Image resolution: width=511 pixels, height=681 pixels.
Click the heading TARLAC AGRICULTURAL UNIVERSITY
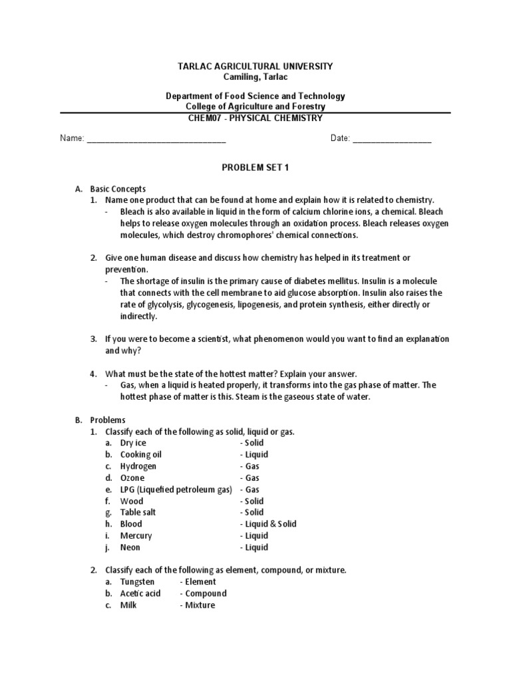pos(255,67)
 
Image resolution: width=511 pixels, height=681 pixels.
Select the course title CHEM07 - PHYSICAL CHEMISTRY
pos(255,118)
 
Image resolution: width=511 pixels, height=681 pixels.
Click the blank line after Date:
pos(392,140)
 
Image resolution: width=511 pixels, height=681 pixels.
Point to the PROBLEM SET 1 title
pos(255,168)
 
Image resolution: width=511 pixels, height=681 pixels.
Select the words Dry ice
pos(133,443)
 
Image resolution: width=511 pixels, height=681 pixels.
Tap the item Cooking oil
pos(140,455)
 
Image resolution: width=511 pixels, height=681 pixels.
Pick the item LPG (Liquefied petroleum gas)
pos(176,489)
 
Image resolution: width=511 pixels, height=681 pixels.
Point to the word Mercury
pos(136,536)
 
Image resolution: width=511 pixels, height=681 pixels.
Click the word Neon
pos(130,548)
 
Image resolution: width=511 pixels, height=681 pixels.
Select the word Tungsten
pos(137,582)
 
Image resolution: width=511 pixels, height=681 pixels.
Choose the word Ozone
pos(132,478)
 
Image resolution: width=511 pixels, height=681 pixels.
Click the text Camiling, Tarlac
pos(255,77)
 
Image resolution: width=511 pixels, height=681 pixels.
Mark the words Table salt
pos(138,513)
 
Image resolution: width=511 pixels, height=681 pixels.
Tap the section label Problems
pos(108,420)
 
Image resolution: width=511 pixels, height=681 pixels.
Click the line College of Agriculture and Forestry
pos(255,107)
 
